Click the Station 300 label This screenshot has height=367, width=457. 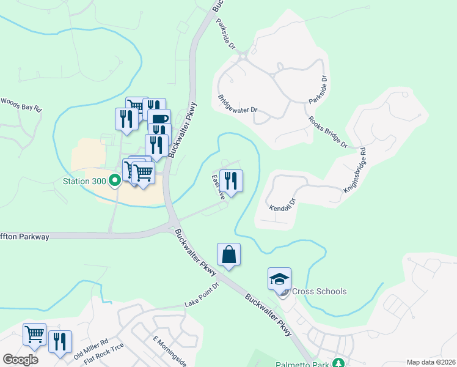[x=84, y=181]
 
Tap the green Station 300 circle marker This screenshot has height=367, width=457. [x=114, y=181]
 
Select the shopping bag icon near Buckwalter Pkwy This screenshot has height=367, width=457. [x=228, y=254]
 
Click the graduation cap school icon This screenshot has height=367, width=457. [x=279, y=278]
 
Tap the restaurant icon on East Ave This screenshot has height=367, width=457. [x=231, y=180]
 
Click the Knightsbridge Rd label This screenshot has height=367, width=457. [x=354, y=171]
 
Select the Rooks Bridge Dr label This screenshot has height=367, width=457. [x=327, y=133]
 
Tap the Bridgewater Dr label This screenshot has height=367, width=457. [x=238, y=103]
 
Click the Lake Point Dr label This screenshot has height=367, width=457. [x=202, y=297]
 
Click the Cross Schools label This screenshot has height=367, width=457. [x=320, y=291]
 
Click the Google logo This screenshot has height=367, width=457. [x=20, y=359]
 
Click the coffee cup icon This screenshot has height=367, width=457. [x=159, y=119]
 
